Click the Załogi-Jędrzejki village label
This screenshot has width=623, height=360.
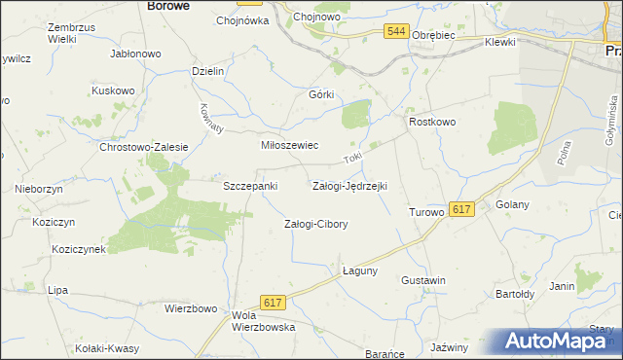point(349,185)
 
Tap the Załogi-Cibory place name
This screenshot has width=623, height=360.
point(315,224)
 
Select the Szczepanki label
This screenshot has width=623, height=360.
point(251,185)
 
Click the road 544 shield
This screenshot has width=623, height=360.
point(394,32)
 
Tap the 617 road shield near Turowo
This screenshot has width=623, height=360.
point(462,209)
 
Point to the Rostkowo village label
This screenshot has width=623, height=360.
point(432,122)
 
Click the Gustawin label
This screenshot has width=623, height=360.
point(423,280)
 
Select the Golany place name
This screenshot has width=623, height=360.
point(511,204)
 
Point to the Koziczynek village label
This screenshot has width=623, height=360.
point(80,249)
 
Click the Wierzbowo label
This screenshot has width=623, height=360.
point(190,309)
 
